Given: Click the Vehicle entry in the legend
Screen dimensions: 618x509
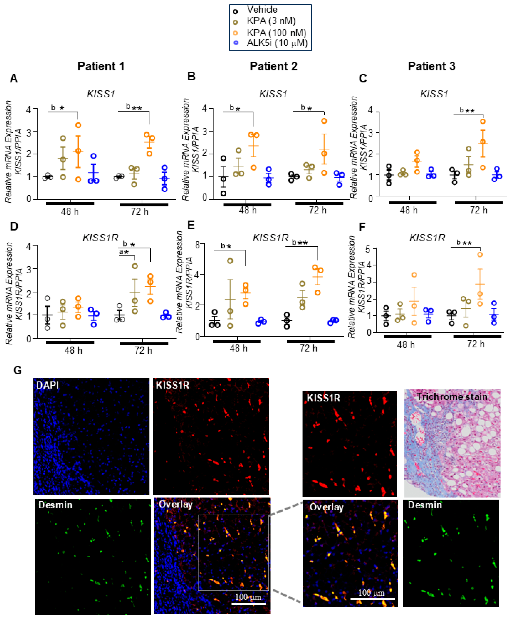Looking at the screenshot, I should [262, 10].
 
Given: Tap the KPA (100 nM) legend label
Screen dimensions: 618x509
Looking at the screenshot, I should [276, 32].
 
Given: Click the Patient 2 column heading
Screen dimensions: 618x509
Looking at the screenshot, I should [273, 66].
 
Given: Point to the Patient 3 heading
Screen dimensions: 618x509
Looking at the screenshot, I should [431, 66].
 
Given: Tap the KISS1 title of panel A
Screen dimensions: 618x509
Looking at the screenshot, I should [101, 94].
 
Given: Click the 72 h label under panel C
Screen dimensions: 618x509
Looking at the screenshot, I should [478, 210].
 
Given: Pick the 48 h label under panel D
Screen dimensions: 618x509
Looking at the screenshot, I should [73, 350].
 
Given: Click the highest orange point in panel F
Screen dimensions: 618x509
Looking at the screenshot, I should [480, 254].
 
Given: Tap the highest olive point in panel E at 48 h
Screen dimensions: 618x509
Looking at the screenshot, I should [230, 261].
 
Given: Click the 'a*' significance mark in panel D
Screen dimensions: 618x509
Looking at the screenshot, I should [124, 252].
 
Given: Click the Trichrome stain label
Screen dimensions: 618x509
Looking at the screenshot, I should [452, 397].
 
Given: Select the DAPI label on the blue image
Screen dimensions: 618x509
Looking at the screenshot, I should [47, 385].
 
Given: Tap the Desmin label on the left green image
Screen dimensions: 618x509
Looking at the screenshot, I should [55, 505].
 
